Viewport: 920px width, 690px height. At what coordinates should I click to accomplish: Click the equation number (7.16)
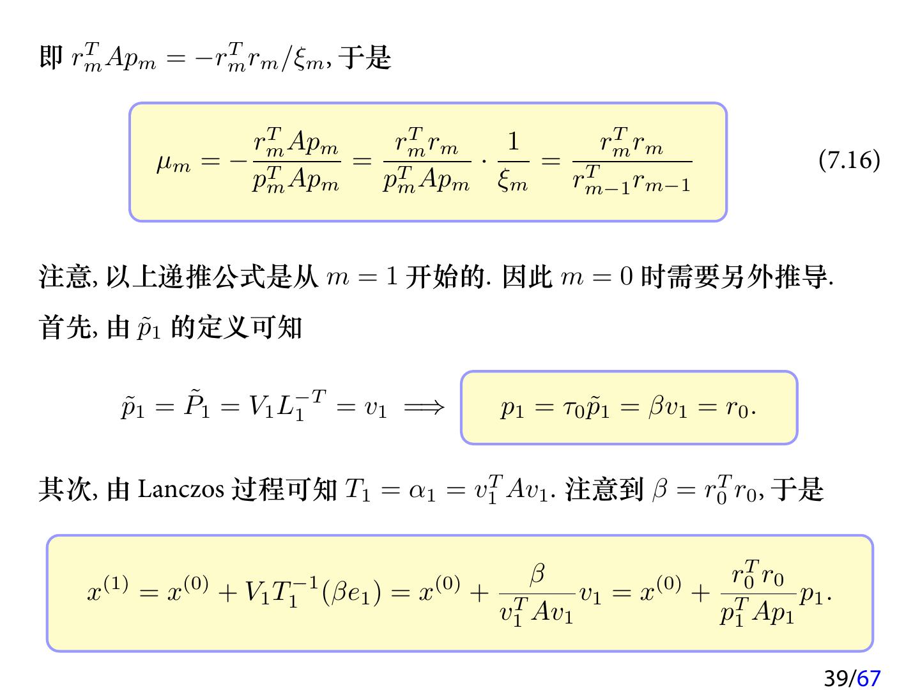tap(849, 160)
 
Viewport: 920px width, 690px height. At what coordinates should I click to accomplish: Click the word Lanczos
tap(180, 490)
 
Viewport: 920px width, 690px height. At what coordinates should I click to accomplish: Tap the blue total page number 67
tap(868, 678)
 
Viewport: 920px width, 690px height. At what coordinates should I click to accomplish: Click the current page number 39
tap(836, 678)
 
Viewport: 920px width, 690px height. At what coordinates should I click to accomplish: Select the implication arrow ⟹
tap(424, 407)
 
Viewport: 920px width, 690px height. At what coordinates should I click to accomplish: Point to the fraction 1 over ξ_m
tap(513, 161)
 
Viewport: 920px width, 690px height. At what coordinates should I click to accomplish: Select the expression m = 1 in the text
tap(362, 277)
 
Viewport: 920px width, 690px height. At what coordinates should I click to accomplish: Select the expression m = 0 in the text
tap(596, 277)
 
